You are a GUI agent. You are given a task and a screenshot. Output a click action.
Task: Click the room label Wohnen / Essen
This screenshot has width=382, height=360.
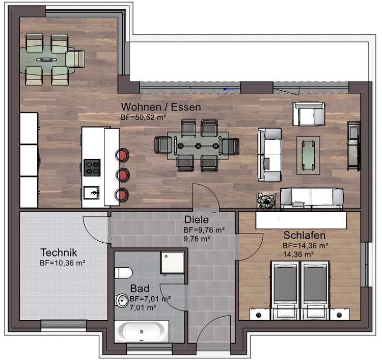pyautogui.click(x=160, y=107)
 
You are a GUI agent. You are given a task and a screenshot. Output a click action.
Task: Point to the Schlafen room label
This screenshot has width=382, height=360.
pyautogui.click(x=304, y=236)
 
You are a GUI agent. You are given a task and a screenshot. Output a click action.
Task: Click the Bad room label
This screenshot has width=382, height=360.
pyautogui.click(x=140, y=289)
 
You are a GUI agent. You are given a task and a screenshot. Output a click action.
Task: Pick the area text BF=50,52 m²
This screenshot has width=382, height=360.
pyautogui.click(x=144, y=117)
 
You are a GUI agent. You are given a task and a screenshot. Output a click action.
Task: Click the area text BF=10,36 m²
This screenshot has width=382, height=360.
pyautogui.click(x=62, y=263)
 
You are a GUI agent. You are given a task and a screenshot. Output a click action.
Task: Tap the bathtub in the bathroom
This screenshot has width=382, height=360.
pyautogui.click(x=142, y=332)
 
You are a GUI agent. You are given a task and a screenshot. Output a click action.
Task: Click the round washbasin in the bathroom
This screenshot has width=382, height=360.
pyautogui.click(x=122, y=301)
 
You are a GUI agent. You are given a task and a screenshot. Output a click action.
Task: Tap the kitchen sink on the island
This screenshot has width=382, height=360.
pyautogui.click(x=92, y=192)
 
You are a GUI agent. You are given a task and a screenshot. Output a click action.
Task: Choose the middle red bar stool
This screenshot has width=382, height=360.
pyautogui.click(x=123, y=175)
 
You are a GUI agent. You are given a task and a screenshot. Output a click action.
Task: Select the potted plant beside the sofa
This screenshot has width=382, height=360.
pyautogui.click(x=266, y=200)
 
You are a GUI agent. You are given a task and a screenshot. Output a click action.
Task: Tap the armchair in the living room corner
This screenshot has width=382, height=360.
pyautogui.click(x=309, y=114)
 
